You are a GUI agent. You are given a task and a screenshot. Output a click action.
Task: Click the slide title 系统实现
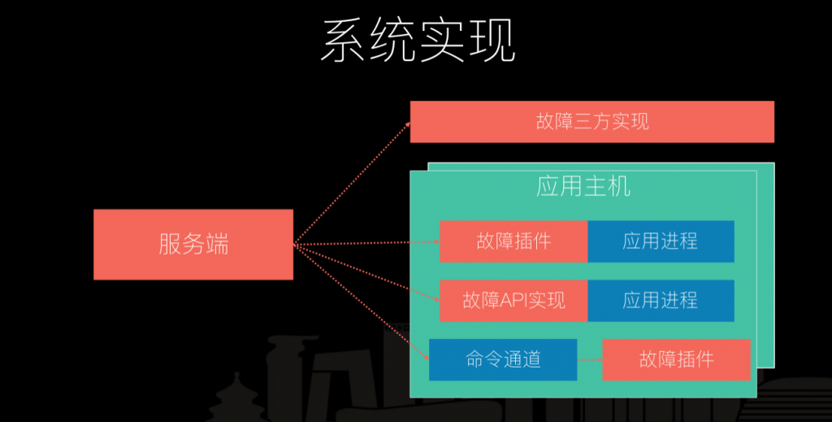coord(418,41)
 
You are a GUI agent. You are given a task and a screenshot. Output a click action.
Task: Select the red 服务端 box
coord(193,244)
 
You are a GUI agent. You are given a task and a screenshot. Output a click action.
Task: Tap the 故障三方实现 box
coord(592,121)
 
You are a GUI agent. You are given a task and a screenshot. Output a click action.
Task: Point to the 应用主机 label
coord(583,186)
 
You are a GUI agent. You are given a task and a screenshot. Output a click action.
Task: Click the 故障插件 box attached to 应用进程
coord(513,241)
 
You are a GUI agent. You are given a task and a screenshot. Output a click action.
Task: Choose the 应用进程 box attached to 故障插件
coord(661,241)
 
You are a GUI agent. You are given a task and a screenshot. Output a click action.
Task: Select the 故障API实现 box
coord(513,301)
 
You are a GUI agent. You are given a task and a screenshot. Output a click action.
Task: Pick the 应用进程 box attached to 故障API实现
coord(661,301)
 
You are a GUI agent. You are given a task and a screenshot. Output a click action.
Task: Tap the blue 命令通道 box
coord(503,359)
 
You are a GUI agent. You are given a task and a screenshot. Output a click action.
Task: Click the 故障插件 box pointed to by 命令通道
coord(677,359)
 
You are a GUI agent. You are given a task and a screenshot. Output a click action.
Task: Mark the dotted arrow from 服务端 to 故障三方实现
coord(353,183)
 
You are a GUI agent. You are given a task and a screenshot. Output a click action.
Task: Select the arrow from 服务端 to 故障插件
coord(366,243)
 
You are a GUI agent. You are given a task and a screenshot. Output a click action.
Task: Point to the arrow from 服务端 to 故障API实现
coord(366,272)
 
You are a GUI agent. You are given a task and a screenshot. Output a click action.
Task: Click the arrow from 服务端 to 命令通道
coord(362,302)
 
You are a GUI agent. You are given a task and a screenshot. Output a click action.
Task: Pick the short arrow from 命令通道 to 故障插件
coord(590,360)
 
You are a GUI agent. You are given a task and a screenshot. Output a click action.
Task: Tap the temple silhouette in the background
coord(236,398)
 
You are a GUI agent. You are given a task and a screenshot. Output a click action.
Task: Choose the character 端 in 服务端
coord(217,244)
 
